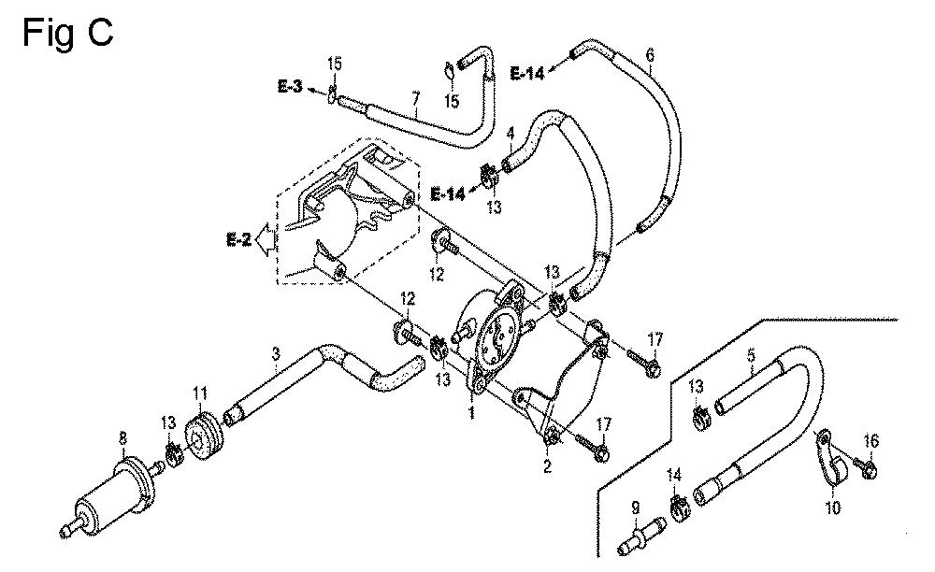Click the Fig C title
pyautogui.click(x=67, y=32)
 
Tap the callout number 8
pyautogui.click(x=122, y=438)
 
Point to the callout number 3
pyautogui.click(x=276, y=355)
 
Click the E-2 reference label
pyautogui.click(x=238, y=240)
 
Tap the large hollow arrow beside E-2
pyautogui.click(x=264, y=240)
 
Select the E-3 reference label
pyautogui.click(x=291, y=86)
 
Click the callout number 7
pyautogui.click(x=416, y=97)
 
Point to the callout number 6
pyautogui.click(x=650, y=55)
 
